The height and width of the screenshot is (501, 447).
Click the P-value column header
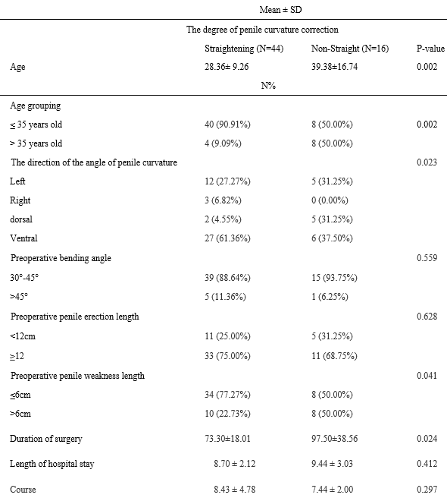(430, 49)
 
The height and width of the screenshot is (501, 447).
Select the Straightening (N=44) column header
(244, 49)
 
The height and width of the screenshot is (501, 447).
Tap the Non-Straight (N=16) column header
(350, 49)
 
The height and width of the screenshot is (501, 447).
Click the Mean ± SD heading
(280, 10)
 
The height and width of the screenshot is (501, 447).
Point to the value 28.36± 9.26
(227, 67)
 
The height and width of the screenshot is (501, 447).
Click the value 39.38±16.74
(334, 67)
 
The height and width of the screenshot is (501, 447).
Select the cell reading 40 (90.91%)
(227, 124)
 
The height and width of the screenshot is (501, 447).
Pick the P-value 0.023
(427, 162)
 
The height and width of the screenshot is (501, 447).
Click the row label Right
(20, 200)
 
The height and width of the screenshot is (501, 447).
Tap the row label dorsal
(21, 219)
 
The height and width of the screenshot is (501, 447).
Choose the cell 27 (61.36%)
(227, 238)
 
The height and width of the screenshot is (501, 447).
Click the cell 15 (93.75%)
(334, 277)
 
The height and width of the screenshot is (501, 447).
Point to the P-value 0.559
(427, 258)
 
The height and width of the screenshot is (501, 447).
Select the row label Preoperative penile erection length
(75, 317)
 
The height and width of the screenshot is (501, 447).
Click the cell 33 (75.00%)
(227, 355)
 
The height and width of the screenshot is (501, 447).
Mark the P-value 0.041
(427, 376)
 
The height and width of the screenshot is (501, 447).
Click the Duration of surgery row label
(46, 439)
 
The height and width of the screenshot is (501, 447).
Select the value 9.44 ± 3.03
(333, 464)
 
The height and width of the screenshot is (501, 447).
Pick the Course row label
(23, 490)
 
